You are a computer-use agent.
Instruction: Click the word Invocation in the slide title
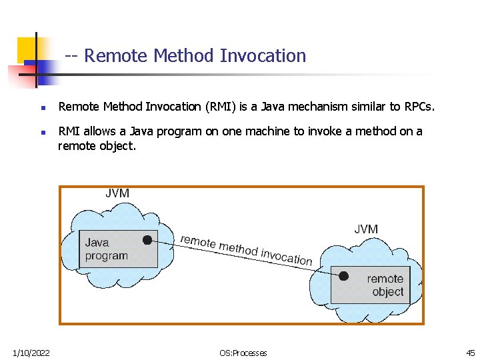click(x=265, y=56)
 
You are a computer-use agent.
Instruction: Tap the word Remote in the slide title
click(x=117, y=56)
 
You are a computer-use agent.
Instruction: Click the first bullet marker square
click(x=42, y=107)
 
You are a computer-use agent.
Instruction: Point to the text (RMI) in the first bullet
click(x=221, y=107)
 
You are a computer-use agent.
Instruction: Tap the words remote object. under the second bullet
click(x=97, y=145)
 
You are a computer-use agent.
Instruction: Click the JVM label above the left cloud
click(x=117, y=193)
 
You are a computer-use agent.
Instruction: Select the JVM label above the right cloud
click(x=366, y=229)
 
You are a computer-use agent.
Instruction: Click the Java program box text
click(x=106, y=249)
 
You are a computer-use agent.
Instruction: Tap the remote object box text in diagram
click(x=385, y=285)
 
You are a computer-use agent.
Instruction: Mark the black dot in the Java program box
click(x=147, y=240)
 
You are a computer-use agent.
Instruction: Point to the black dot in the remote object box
click(x=343, y=275)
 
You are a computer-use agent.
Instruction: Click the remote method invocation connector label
click(x=246, y=249)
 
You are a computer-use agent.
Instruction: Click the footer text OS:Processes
click(x=243, y=353)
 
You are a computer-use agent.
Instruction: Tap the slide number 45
click(x=471, y=353)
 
